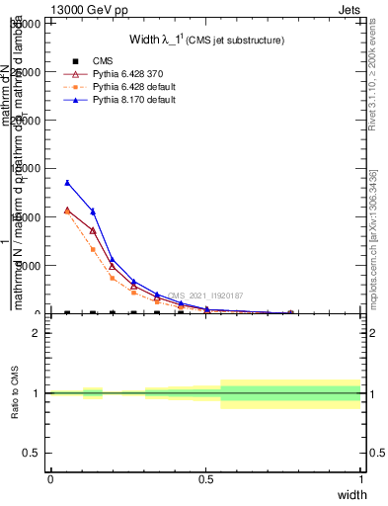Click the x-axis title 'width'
pyautogui.click(x=351, y=493)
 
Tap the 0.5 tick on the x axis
pyautogui.click(x=205, y=477)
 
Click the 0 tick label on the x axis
pyautogui.click(x=50, y=477)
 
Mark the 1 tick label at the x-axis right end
pyautogui.click(x=360, y=477)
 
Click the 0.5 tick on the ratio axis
pyautogui.click(x=32, y=453)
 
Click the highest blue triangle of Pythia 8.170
pyautogui.click(x=67, y=183)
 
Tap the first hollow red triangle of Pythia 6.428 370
pyautogui.click(x=67, y=210)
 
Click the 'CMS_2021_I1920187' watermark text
pyautogui.click(x=204, y=295)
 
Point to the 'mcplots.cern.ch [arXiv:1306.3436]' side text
pyautogui.click(x=374, y=247)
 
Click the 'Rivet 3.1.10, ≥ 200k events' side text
pyautogui.click(x=374, y=89)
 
